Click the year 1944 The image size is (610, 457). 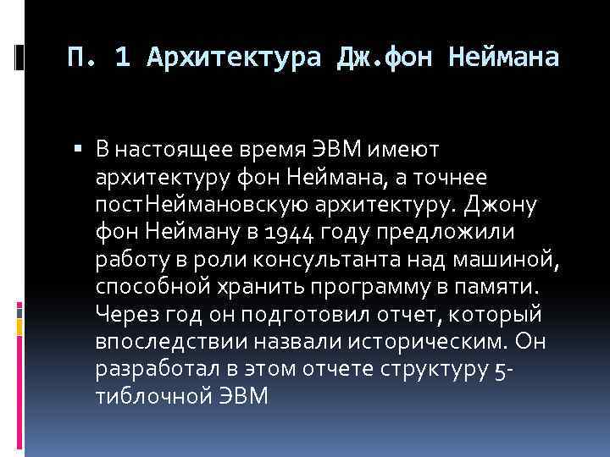[x=288, y=233]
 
